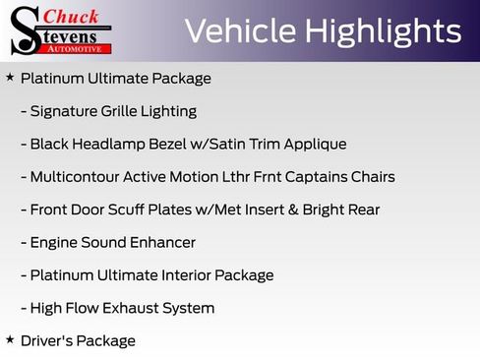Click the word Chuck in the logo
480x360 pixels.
[x=72, y=17]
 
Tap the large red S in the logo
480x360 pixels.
[x=24, y=30]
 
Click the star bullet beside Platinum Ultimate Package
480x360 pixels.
[x=10, y=77]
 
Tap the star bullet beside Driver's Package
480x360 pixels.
[x=10, y=339]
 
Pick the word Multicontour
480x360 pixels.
[x=75, y=177]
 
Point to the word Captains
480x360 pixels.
[x=320, y=177]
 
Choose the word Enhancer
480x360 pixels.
[x=161, y=242]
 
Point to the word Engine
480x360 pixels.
[x=54, y=243]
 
